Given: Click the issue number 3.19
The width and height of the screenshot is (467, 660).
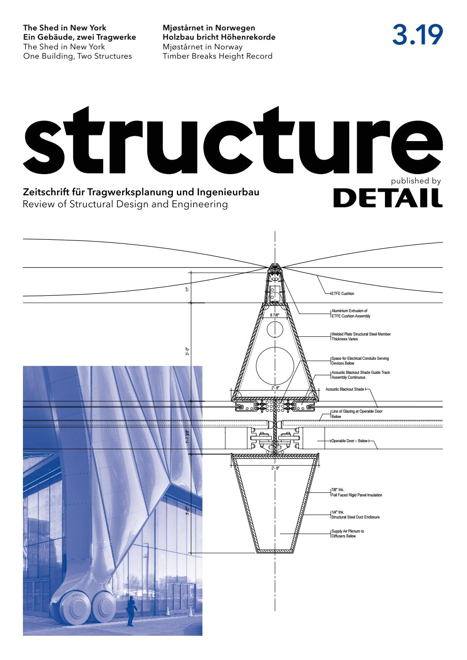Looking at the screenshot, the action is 417,35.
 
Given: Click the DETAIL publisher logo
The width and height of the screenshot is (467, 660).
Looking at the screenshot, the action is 388,198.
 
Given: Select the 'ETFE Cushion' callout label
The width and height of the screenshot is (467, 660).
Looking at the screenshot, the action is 343,294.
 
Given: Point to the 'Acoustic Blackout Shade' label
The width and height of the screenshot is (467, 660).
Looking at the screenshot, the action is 345,389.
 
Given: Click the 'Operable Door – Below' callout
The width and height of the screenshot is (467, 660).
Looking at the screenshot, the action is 349,441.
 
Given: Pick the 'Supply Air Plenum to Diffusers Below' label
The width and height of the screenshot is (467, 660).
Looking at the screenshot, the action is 347,533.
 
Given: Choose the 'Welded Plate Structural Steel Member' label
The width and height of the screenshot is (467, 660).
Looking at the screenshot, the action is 361,334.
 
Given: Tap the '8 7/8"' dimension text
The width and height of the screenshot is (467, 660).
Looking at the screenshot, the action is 275,315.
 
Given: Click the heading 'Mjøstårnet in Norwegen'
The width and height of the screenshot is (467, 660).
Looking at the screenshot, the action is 209,28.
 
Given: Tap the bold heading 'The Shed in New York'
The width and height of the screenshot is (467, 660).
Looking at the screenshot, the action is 64,28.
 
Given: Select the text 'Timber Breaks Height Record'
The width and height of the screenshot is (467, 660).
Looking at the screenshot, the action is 217,56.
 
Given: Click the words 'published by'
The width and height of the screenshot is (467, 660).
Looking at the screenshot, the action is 416,181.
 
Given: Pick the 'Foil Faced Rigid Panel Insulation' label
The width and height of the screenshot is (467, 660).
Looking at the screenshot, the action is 356,495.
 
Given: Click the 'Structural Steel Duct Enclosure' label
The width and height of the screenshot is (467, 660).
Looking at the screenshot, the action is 355,517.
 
